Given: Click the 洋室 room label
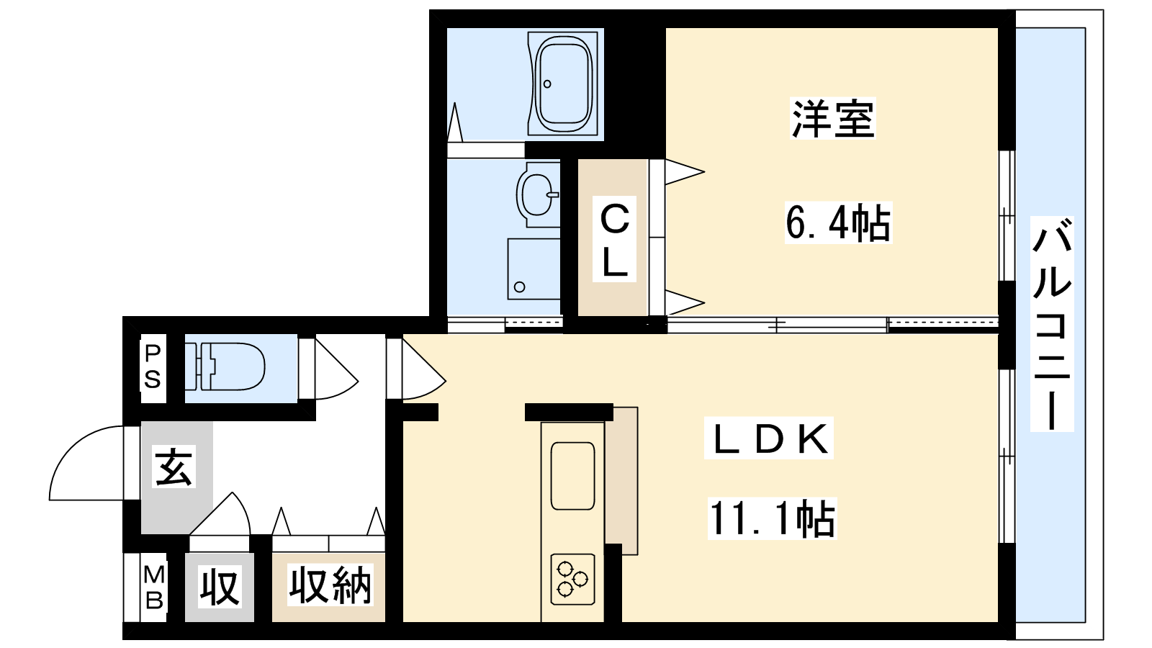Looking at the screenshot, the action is (832, 119).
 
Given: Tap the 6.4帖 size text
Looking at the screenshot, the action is (838, 222).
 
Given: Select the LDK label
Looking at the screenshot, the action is (769, 438).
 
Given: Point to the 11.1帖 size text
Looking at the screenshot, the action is (772, 518).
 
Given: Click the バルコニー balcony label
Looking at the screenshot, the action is (1052, 323).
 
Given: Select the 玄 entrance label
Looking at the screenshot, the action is (174, 467).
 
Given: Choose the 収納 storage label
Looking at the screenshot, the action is (330, 585).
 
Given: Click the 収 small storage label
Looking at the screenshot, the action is (220, 586).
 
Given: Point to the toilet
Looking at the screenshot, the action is (225, 367).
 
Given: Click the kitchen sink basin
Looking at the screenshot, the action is (572, 475).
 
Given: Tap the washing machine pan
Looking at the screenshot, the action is (534, 269).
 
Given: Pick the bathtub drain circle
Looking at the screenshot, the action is (547, 84).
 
